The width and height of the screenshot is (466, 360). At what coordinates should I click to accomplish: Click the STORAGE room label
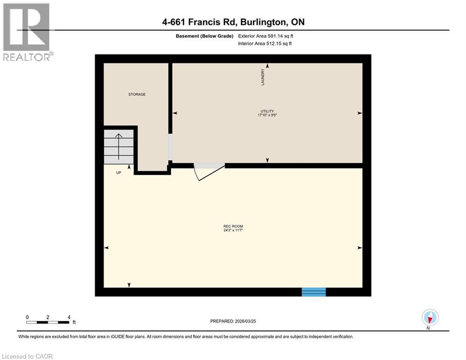pos(137,94)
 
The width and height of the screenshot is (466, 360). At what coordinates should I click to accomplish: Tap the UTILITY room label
pos(267,111)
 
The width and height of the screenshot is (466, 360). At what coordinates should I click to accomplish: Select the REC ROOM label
pos(233,227)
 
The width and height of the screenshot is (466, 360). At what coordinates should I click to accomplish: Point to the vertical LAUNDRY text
pos(264,77)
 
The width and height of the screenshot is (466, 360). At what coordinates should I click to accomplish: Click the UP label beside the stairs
pos(119,172)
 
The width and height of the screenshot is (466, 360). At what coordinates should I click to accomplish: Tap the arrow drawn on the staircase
pos(119,146)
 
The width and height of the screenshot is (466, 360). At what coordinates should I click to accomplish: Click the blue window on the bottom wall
pos(313,292)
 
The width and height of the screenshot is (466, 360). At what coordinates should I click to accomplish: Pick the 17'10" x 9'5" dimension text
pos(267,115)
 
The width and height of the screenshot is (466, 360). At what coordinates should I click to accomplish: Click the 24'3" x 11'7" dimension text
pos(233,231)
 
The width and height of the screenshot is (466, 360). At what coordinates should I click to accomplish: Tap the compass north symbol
pos(429,318)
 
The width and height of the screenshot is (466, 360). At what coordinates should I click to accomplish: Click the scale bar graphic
pos(48,322)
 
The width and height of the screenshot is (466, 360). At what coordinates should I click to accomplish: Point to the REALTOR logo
pos(27,32)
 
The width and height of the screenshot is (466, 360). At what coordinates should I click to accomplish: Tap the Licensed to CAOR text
pos(27,356)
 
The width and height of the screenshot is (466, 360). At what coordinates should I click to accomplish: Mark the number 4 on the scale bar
pos(69,317)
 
